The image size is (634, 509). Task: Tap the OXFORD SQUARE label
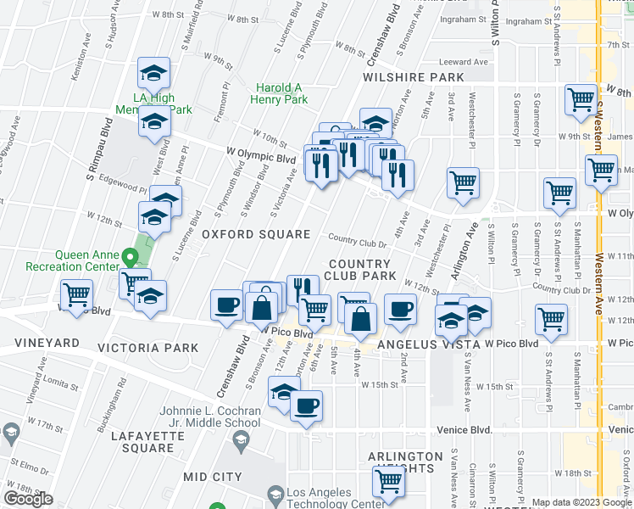(x=243, y=234)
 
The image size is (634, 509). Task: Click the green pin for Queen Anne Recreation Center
(x=129, y=255)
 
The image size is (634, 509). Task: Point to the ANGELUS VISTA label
(x=428, y=344)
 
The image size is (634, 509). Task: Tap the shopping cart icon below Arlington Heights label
(x=389, y=483)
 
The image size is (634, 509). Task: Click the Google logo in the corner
(x=28, y=500)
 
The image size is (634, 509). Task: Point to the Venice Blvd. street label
(x=465, y=431)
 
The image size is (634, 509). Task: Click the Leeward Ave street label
(x=464, y=62)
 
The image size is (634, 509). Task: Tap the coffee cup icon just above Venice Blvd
(x=307, y=405)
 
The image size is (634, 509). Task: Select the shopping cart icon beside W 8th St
(x=581, y=99)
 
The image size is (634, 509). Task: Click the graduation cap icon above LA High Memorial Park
(x=153, y=74)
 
